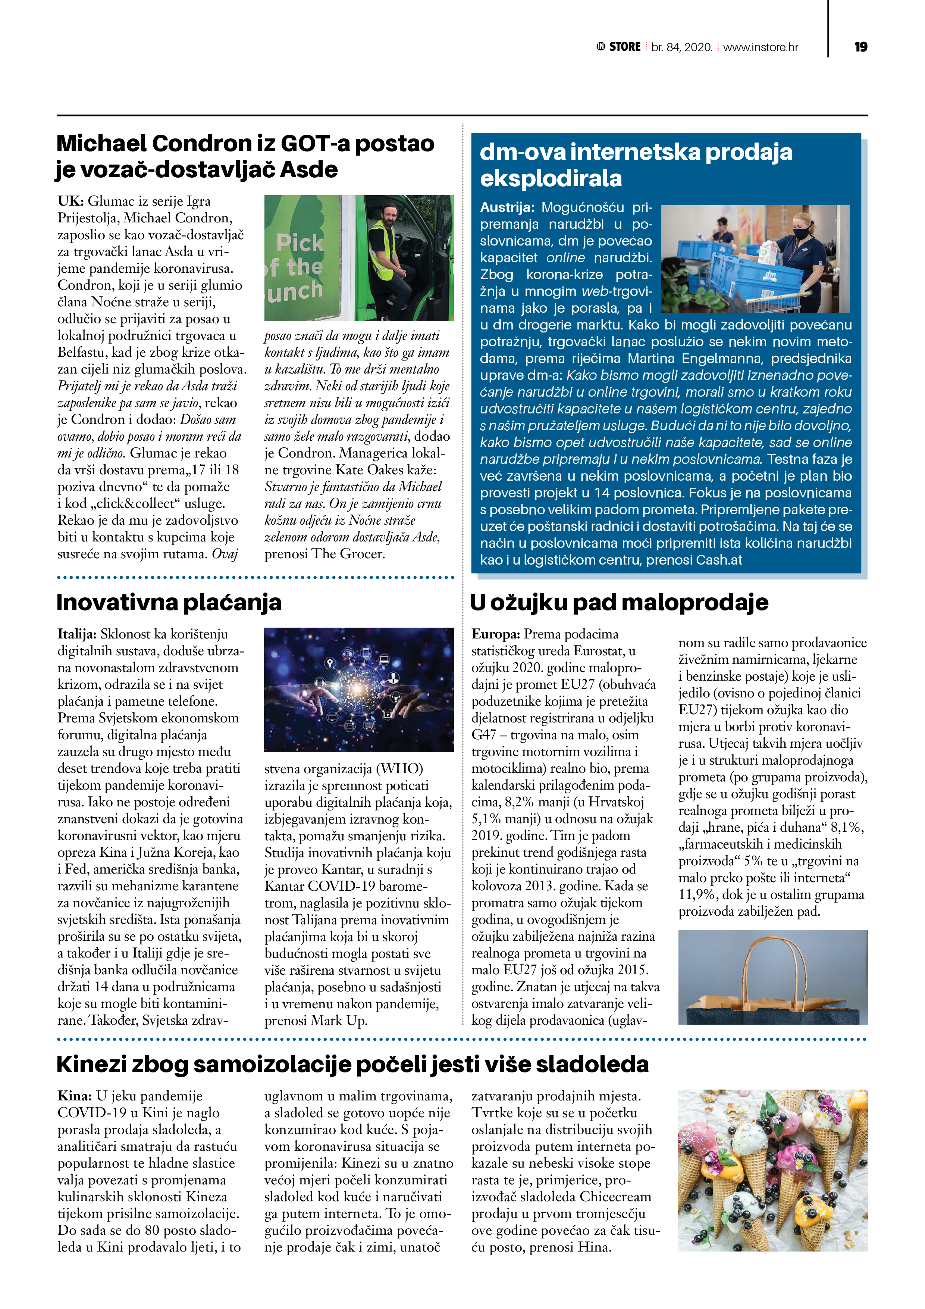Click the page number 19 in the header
[x=860, y=47]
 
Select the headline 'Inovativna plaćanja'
[x=169, y=602]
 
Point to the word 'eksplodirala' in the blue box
[x=551, y=178]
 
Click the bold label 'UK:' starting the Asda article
[x=70, y=201]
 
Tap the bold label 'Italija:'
[x=78, y=634]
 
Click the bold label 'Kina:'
[x=75, y=1096]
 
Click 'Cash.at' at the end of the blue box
[x=719, y=560]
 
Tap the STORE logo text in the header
[x=625, y=47]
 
